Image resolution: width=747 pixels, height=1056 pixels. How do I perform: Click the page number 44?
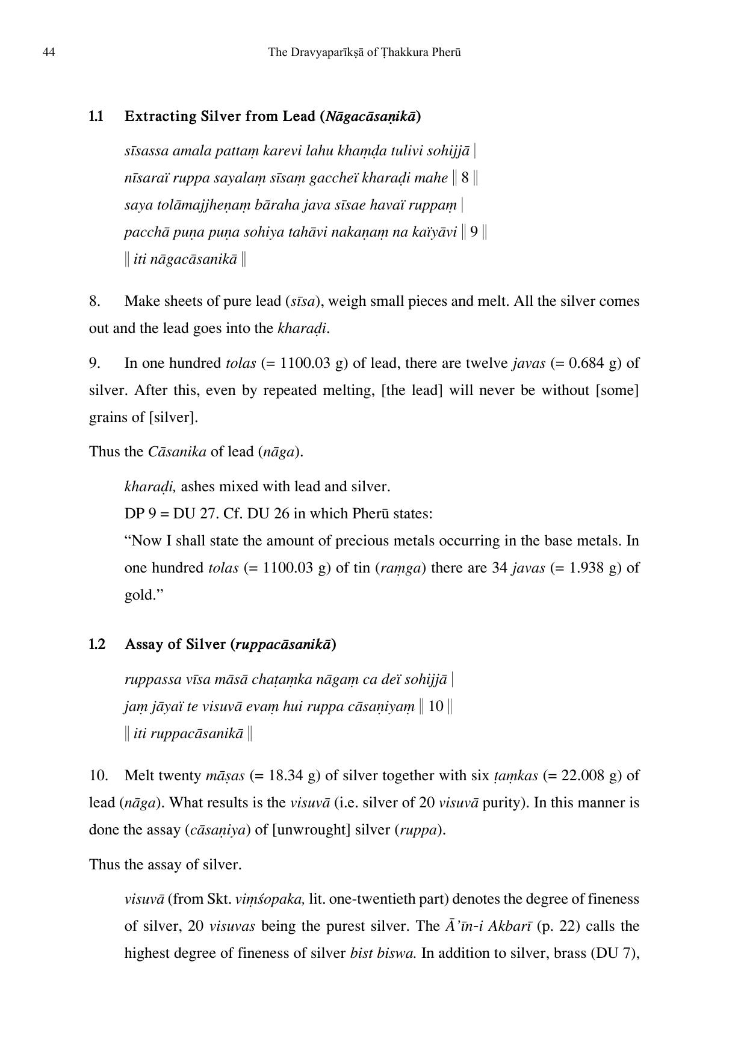click(49, 52)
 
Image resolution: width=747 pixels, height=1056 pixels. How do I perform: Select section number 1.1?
click(96, 116)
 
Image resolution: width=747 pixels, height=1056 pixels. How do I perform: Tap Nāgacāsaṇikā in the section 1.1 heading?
click(370, 116)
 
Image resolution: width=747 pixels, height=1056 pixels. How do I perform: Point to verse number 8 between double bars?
click(465, 178)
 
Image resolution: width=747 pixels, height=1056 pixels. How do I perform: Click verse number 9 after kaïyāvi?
click(474, 232)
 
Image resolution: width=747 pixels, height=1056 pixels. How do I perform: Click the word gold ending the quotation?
click(138, 595)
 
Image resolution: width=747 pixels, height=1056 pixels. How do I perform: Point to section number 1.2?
click(97, 644)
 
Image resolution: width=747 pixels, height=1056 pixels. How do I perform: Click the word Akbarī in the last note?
click(509, 926)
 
